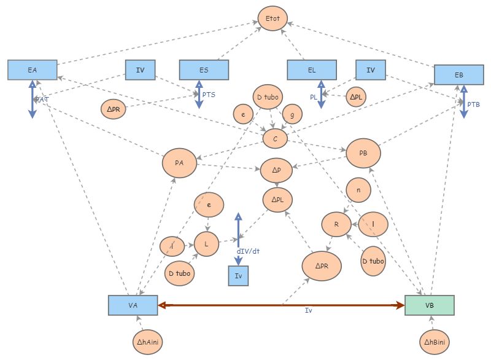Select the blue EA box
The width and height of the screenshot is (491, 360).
tap(33, 70)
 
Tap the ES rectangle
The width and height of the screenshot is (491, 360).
tap(204, 70)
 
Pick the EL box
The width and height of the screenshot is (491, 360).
tap(312, 70)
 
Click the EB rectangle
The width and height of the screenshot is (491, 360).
tap(458, 74)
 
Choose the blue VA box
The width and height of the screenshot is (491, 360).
tap(133, 305)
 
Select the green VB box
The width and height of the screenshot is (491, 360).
tap(430, 305)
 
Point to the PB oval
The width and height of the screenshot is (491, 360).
tap(363, 152)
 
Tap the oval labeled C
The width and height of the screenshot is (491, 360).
tap(275, 139)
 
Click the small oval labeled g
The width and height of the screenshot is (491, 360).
tap(292, 114)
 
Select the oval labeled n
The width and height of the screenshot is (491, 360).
tap(358, 190)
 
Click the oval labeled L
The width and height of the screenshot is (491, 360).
tap(207, 244)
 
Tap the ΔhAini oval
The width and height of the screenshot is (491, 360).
tap(148, 340)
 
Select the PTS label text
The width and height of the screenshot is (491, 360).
tap(209, 95)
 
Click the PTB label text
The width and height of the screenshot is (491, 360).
tap(474, 104)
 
